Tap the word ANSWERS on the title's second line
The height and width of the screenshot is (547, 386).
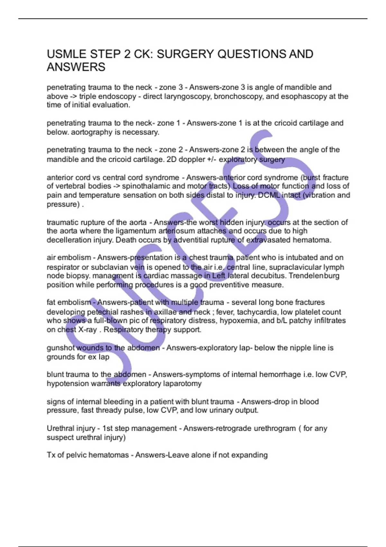[76, 67]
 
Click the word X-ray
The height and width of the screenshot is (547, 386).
[87, 330]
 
